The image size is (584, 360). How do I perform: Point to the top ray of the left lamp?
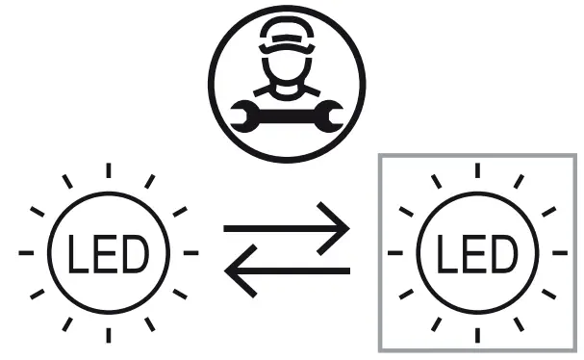click(109, 170)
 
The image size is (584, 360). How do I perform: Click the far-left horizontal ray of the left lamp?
click(24, 253)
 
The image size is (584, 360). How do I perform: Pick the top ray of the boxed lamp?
click(478, 170)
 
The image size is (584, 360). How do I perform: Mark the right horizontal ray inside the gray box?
click(561, 253)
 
